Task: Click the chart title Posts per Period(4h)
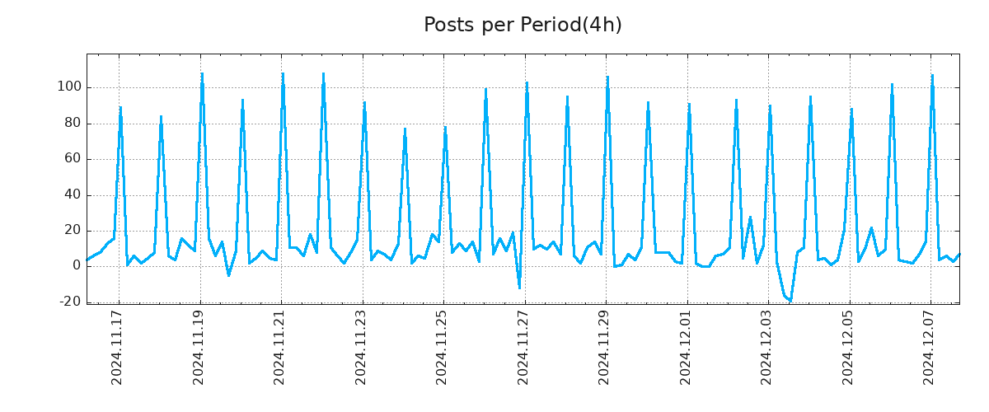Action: [523, 26]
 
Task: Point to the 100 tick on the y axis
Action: [68, 87]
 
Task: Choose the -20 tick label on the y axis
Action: [69, 302]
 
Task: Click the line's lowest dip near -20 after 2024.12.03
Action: [790, 301]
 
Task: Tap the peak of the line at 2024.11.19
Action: [202, 73]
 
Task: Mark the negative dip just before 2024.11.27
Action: [519, 288]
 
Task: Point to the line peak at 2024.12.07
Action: [932, 76]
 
